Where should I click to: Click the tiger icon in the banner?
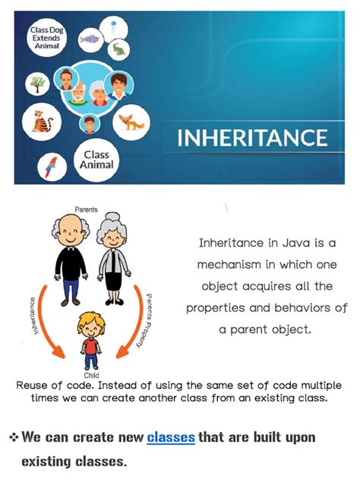tap(39, 120)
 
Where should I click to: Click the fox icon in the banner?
tap(132, 121)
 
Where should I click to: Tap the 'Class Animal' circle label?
tap(96, 159)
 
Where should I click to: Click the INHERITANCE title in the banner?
tap(252, 138)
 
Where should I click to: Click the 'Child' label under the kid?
tap(91, 376)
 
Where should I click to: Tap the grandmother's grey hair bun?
tap(114, 222)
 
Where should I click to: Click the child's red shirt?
tap(91, 345)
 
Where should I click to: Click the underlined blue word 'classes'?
tap(171, 437)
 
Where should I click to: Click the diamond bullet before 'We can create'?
tap(13, 437)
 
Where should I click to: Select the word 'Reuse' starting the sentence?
tap(33, 386)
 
